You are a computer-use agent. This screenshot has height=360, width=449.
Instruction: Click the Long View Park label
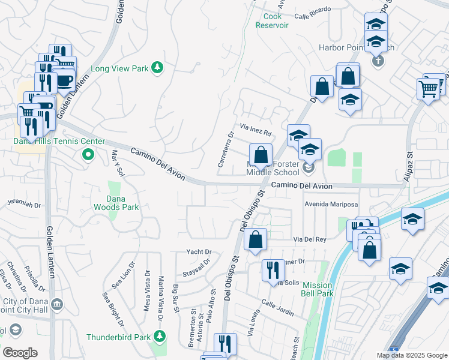click(x=119, y=68)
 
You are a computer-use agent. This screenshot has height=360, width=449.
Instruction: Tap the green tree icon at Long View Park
click(x=157, y=67)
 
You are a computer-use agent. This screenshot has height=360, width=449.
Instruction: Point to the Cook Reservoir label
click(x=273, y=21)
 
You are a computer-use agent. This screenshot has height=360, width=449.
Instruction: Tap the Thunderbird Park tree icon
click(x=159, y=337)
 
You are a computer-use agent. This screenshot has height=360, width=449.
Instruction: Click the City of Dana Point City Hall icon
click(x=56, y=305)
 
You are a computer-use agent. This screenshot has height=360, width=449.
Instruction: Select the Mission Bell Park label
click(x=318, y=289)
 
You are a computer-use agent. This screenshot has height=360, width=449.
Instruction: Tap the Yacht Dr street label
click(x=199, y=251)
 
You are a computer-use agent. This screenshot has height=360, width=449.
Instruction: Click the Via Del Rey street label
click(x=309, y=239)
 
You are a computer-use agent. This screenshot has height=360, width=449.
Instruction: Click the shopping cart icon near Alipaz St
click(x=428, y=89)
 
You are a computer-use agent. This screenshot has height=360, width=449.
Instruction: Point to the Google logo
click(x=20, y=353)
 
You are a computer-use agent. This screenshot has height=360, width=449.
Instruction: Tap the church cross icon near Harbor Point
click(x=378, y=61)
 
